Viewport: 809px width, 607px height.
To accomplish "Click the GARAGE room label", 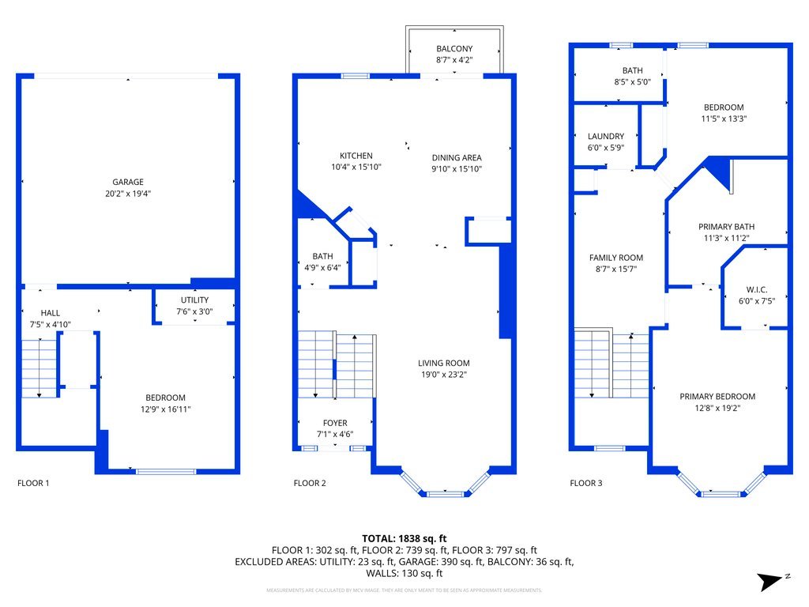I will tap(127, 182).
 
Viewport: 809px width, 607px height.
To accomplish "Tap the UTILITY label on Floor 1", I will tap(194, 300).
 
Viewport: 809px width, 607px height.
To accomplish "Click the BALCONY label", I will tap(453, 48).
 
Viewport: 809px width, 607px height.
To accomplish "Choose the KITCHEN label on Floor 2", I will tap(356, 156).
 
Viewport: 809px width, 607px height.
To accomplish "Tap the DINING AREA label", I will tap(456, 157).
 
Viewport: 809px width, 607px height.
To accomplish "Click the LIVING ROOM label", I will tap(443, 364).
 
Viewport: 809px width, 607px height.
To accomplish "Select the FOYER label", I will tap(335, 423).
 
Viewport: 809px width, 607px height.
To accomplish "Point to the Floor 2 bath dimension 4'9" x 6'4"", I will tap(322, 267).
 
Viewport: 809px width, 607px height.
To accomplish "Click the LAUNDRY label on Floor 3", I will tap(606, 136).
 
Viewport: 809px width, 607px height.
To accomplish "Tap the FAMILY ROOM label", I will tap(616, 258).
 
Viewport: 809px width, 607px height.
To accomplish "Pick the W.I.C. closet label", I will tap(756, 289).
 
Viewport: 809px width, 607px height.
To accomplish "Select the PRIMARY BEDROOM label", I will tap(717, 397).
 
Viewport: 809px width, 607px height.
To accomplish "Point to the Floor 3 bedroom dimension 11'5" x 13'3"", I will tap(724, 119).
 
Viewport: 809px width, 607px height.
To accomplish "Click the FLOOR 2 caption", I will tap(310, 482).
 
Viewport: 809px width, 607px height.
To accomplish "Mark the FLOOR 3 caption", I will tap(586, 482).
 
